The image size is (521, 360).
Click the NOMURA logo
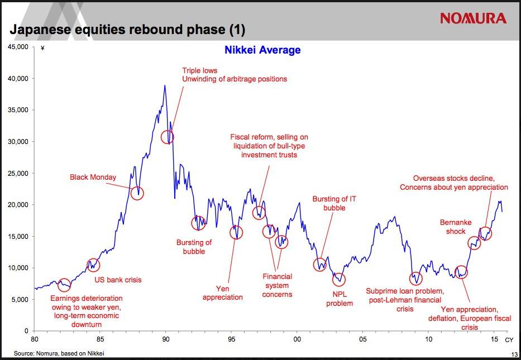coord(473,18)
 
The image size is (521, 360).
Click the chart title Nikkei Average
coord(262,50)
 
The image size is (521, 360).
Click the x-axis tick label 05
coord(363,339)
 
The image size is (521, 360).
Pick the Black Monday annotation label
coord(93,177)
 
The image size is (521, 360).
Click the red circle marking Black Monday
coord(137,194)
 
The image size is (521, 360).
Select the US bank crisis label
coord(118,280)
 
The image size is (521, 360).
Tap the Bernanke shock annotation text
coord(456,227)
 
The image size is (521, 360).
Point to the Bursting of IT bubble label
coord(334,203)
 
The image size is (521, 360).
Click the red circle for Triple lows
coord(168,137)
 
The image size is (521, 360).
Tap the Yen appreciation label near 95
coord(222,293)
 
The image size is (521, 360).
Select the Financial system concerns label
coord(278,285)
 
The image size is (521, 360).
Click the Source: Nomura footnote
coord(59,353)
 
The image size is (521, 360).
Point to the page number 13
coord(514,354)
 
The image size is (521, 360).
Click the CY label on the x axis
coord(509,339)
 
